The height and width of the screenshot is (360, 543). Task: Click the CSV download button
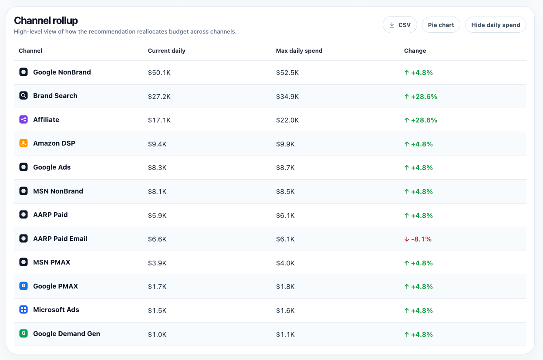pyautogui.click(x=400, y=25)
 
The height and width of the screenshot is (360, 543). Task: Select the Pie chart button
pyautogui.click(x=441, y=25)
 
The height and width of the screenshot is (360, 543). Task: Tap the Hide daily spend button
pyautogui.click(x=496, y=25)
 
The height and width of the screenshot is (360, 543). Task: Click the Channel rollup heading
pyautogui.click(x=46, y=20)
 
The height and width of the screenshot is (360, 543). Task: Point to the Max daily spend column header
pyautogui.click(x=299, y=51)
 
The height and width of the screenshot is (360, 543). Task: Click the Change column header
pyautogui.click(x=415, y=51)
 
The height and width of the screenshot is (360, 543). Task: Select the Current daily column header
pyautogui.click(x=166, y=51)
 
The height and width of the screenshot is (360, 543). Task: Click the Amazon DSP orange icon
pyautogui.click(x=24, y=143)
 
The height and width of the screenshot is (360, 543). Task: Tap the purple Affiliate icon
pyautogui.click(x=24, y=119)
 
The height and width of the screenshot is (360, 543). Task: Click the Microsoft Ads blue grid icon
pyautogui.click(x=24, y=309)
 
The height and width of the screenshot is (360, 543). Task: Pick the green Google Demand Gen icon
pyautogui.click(x=24, y=333)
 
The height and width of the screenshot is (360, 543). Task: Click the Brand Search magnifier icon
pyautogui.click(x=24, y=95)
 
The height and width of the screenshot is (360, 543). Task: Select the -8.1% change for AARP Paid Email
pyautogui.click(x=418, y=239)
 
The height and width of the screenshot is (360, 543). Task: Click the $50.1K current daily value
pyautogui.click(x=159, y=72)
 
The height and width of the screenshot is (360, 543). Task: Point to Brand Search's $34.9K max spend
pyautogui.click(x=287, y=97)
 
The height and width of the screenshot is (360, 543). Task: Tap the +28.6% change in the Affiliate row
pyautogui.click(x=421, y=120)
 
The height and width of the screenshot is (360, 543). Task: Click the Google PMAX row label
pyautogui.click(x=55, y=286)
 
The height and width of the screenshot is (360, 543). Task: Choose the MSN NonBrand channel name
pyautogui.click(x=58, y=191)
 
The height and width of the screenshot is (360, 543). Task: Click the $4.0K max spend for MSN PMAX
pyautogui.click(x=285, y=263)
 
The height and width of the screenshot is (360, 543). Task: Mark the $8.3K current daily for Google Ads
pyautogui.click(x=157, y=168)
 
